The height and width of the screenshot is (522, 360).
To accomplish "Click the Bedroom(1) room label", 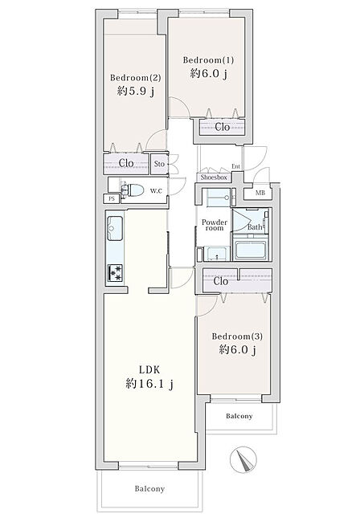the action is (208, 60).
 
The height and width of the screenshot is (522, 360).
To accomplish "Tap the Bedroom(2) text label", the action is (136, 78).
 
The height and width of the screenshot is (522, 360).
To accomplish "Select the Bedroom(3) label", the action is (237, 336).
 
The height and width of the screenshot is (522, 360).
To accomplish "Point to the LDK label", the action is (149, 369).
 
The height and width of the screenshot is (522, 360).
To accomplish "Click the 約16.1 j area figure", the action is (149, 384).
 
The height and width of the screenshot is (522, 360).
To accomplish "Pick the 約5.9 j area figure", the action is (136, 91).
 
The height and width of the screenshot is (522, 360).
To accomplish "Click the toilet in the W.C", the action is (133, 190).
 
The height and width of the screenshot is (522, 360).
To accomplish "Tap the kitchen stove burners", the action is (115, 272).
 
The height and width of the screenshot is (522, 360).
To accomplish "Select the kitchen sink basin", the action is (115, 228).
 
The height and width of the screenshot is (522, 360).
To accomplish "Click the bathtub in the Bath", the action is (251, 249).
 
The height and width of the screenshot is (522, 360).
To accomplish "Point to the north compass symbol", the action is (243, 459).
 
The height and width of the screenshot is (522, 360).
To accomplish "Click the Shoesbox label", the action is (214, 177).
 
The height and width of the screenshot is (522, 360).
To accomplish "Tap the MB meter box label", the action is (260, 193).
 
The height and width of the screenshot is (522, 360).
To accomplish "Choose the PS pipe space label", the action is (112, 198).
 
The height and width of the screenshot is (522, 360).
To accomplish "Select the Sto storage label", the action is (159, 164).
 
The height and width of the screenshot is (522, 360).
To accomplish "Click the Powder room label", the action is (215, 225).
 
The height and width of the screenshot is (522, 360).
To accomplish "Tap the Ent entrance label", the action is (235, 166).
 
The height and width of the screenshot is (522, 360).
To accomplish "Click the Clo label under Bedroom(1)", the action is (222, 127).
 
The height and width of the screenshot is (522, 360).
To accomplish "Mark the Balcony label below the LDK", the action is (149, 489).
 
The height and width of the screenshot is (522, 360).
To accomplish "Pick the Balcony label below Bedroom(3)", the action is (239, 416).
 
